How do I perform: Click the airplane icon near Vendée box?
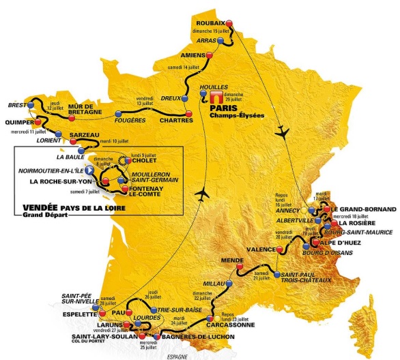point(201,194)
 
